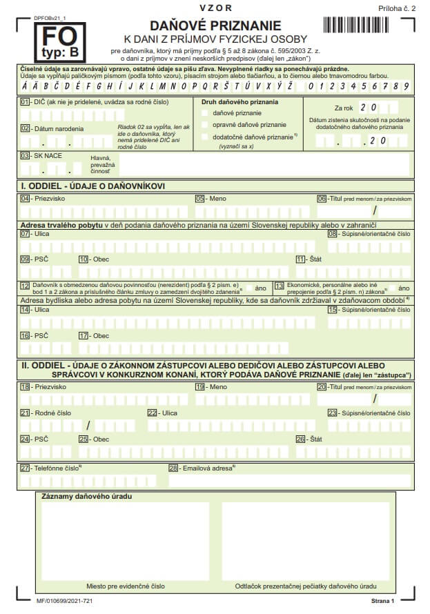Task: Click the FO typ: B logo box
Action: (x=60, y=42)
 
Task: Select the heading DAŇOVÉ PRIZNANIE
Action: (x=215, y=26)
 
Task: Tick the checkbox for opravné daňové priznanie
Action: (x=205, y=124)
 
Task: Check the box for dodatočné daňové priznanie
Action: (x=205, y=137)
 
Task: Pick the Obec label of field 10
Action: (x=101, y=259)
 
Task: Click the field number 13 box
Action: (x=280, y=286)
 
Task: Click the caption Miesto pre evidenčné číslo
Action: (x=125, y=586)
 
